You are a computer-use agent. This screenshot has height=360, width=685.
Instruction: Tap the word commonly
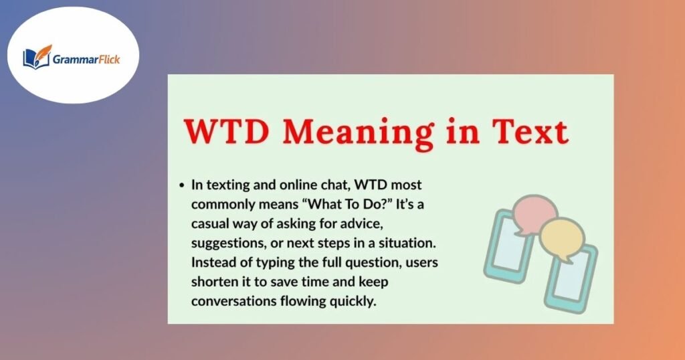pyautogui.click(x=219, y=204)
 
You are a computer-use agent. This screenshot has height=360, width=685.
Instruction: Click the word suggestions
pyautogui.click(x=226, y=243)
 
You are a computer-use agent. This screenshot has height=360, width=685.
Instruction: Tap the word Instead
pyautogui.click(x=213, y=262)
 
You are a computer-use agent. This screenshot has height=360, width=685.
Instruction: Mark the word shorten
pyautogui.click(x=213, y=282)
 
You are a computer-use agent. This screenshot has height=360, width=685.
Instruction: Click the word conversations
pyautogui.click(x=231, y=301)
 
